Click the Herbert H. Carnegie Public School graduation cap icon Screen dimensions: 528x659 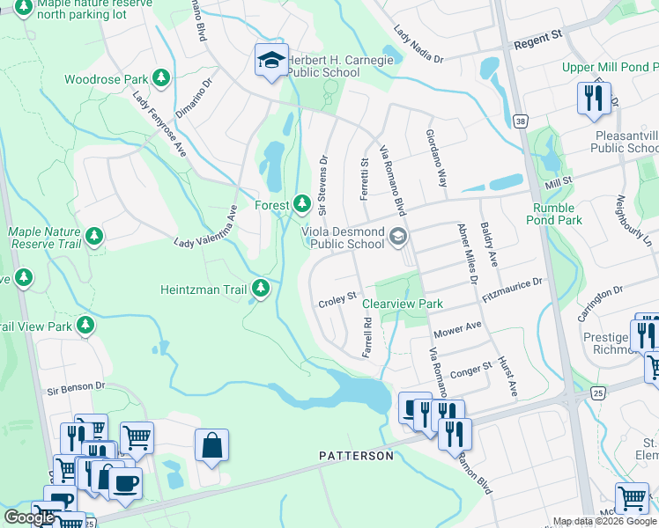271,61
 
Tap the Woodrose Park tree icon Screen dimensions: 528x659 161,79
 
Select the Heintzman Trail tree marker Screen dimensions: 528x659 260,288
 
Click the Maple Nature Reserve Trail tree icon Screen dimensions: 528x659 93,237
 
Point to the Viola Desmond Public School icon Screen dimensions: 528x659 398,236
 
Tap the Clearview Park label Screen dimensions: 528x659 403,304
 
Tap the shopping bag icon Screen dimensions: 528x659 212,446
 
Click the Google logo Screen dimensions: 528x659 29,517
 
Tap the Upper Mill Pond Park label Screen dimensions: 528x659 611,68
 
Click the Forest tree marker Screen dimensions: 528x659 302,205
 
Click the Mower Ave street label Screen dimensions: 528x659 458,330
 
